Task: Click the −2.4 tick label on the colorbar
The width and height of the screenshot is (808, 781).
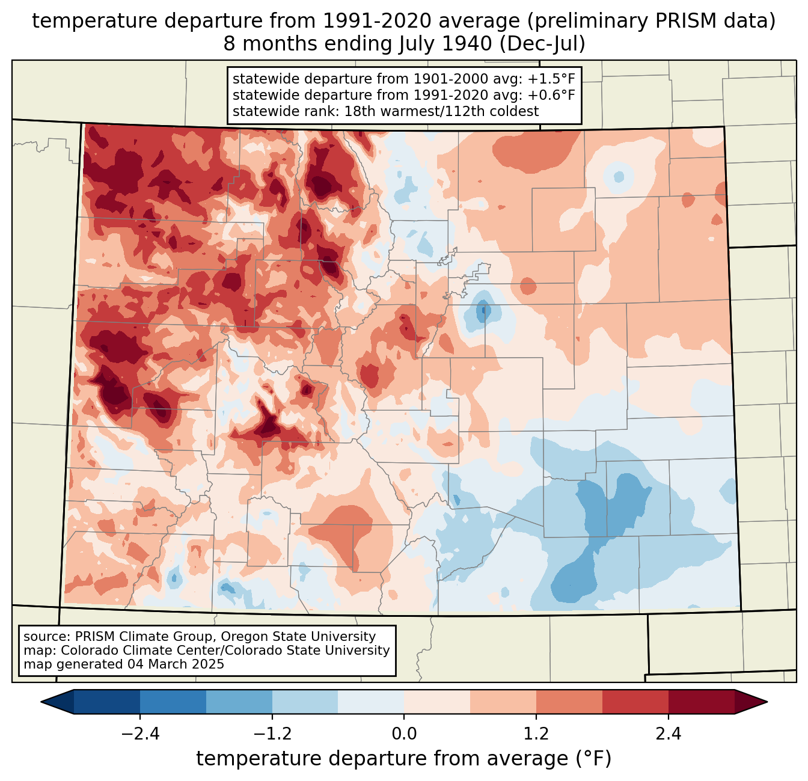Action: point(139,734)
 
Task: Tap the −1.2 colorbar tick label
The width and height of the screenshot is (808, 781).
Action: point(272,734)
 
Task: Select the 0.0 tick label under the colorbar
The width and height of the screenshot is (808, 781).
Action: point(404,734)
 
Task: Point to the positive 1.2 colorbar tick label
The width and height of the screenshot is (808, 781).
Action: point(536,734)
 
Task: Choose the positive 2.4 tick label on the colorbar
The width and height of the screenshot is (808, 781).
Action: point(668,734)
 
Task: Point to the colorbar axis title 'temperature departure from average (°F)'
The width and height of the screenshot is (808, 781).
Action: point(404,759)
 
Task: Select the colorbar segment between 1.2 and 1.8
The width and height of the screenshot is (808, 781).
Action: point(569,702)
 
